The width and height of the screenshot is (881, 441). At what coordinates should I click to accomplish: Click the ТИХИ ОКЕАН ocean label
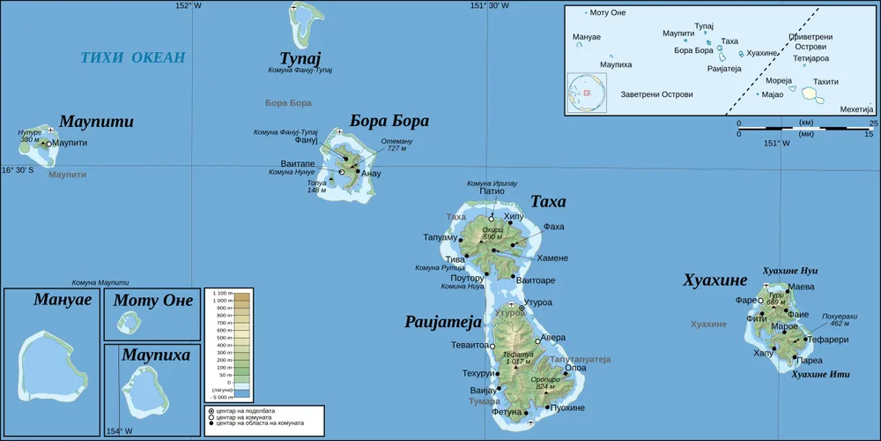[x=133, y=58]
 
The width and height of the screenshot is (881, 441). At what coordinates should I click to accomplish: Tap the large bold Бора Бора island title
[x=389, y=121]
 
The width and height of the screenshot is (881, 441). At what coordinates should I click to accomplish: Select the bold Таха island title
[x=548, y=202]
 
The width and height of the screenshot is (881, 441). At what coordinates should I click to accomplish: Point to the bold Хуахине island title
[x=714, y=280]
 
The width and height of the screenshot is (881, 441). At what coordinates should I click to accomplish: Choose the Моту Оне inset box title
[x=153, y=301]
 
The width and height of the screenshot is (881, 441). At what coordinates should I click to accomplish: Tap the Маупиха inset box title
[x=155, y=355]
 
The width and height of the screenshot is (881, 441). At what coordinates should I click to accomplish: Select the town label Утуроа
[x=537, y=303]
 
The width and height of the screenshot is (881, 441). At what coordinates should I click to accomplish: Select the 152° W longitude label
[x=188, y=5]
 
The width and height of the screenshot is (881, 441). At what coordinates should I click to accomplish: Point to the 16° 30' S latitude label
[x=18, y=170]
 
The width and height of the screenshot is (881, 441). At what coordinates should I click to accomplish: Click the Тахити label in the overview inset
[x=825, y=81]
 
